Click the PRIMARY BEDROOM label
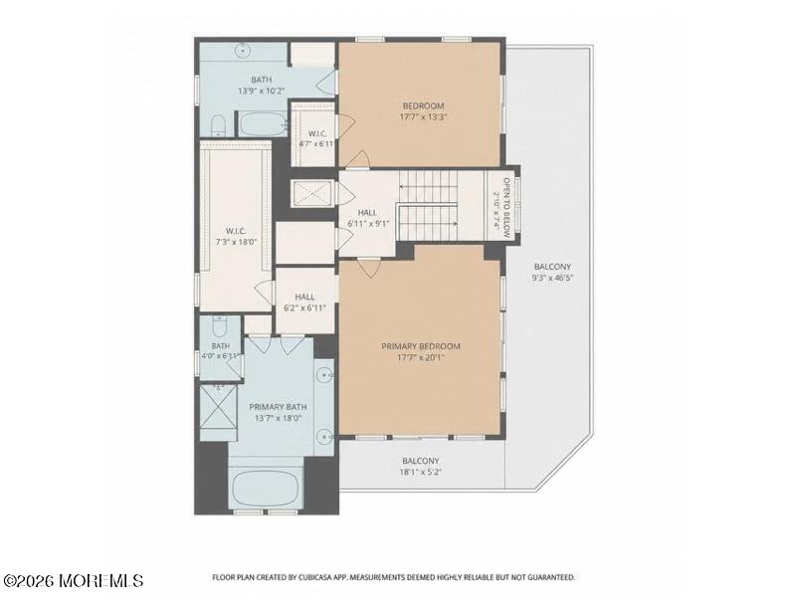click(421, 346)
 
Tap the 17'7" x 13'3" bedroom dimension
click(423, 117)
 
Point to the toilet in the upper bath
click(218, 125)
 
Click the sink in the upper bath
click(243, 50)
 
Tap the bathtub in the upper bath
click(263, 123)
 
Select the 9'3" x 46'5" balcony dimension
click(552, 278)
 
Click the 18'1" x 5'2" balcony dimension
click(420, 472)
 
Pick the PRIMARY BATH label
click(278, 407)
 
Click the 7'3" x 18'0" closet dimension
click(236, 242)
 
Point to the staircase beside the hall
click(428, 206)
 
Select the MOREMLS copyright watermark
click(73, 581)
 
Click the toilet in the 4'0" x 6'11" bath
click(219, 327)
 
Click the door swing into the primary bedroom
click(370, 269)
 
